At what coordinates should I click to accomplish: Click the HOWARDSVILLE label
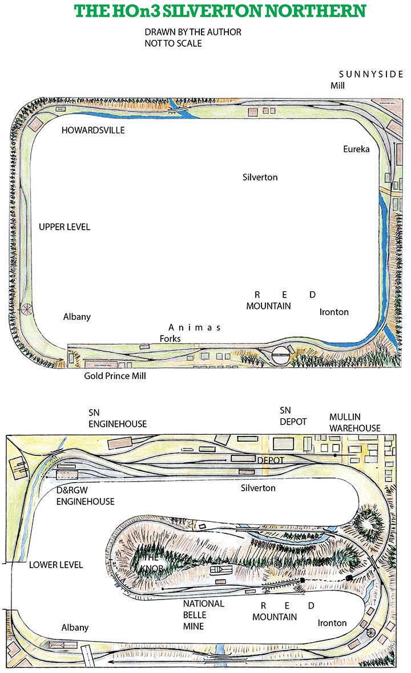point(94,130)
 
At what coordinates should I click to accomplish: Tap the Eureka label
point(357,149)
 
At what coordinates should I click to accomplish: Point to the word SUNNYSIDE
point(372,75)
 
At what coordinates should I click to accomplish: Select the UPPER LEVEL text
point(65,227)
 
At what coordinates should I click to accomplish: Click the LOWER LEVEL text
point(56,565)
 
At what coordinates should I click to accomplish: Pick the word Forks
point(170,338)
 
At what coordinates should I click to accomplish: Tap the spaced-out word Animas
point(194,328)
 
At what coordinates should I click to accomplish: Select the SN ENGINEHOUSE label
point(118,419)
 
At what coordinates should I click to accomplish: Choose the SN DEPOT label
point(293,416)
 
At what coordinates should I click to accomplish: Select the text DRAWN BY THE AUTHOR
point(193,32)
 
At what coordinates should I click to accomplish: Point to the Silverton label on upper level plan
point(260,177)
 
